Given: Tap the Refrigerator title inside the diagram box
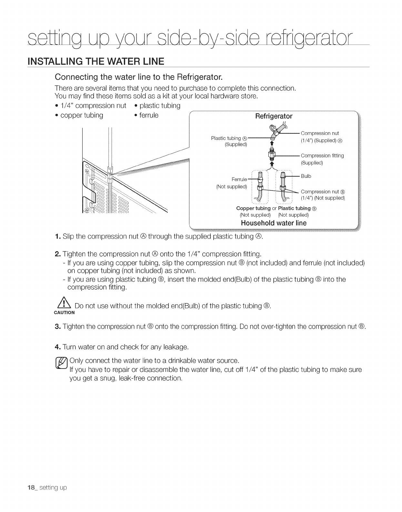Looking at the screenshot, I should point(274,116).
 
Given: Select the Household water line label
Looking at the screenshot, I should point(274,223).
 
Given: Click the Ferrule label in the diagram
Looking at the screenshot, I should point(239,179).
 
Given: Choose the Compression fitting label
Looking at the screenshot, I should point(322,156).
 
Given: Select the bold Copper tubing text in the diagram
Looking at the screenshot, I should point(254,208).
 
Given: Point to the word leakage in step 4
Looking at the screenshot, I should point(175,347).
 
